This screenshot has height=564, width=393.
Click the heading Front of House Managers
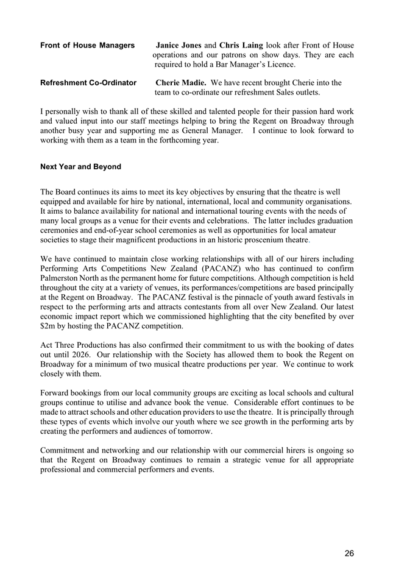coord(87,46)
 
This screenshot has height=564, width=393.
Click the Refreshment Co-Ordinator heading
coord(88,83)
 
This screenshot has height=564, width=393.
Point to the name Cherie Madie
coord(182,83)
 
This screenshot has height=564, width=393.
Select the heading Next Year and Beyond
coord(80,167)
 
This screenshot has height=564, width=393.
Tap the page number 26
coord(349,554)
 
